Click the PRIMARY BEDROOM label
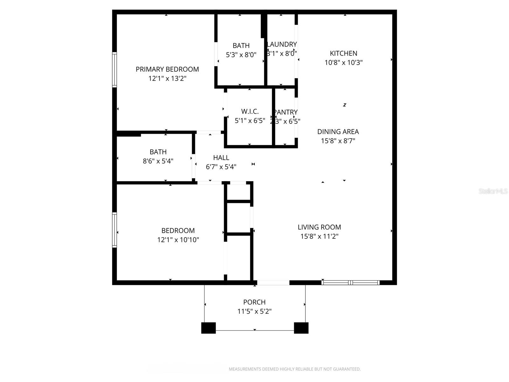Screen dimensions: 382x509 (x=167, y=69)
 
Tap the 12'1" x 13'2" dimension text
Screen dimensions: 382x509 (x=167, y=78)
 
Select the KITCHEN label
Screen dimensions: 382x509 (x=344, y=53)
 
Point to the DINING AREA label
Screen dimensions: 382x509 (x=338, y=131)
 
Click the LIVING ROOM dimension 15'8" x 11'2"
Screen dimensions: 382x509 (x=319, y=236)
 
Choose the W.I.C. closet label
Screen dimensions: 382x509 (x=250, y=111)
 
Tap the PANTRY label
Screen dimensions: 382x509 (x=286, y=112)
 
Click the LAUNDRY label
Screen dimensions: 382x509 (x=282, y=44)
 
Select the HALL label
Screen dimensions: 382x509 (x=221, y=158)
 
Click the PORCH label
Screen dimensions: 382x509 (x=254, y=302)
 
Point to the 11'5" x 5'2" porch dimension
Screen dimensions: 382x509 (x=254, y=311)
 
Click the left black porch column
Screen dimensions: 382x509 (x=208, y=328)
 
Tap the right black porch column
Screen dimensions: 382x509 (x=301, y=328)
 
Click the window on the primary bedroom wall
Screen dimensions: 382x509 (x=115, y=69)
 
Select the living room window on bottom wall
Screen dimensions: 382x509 (x=351, y=282)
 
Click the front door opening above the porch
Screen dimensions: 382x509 (x=273, y=282)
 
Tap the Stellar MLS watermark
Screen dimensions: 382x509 (x=493, y=191)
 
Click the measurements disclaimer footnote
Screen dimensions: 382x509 (x=295, y=369)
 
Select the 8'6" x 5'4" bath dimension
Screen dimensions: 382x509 (x=158, y=161)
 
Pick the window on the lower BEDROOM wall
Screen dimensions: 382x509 (x=115, y=230)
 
